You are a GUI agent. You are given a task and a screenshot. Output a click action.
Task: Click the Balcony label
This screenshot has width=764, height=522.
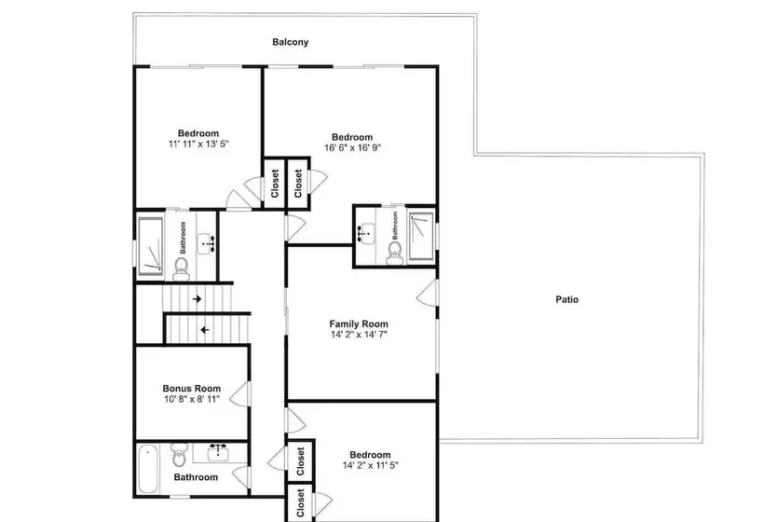(x=291, y=42)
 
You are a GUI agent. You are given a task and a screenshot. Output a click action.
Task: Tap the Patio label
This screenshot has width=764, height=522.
(x=567, y=299)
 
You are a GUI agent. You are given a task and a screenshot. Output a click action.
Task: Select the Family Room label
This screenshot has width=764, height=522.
(x=359, y=323)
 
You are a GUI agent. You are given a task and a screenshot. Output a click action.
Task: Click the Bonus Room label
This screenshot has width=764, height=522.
(x=192, y=389)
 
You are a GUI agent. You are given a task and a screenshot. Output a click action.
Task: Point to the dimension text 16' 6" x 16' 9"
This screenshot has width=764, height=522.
(x=352, y=147)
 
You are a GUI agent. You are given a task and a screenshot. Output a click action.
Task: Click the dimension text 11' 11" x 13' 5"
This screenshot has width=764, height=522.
(x=198, y=144)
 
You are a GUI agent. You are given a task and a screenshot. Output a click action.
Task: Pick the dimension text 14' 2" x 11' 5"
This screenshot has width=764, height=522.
(x=370, y=465)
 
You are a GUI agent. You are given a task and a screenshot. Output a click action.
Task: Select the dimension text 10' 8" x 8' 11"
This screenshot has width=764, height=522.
(x=192, y=399)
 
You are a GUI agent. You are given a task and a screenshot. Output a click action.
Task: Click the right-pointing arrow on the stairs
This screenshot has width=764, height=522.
(x=197, y=299)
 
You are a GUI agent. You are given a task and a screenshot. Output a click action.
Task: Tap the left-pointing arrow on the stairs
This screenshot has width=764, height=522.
(x=205, y=330)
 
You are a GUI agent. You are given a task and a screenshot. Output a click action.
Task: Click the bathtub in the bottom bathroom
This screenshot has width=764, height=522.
(x=148, y=469)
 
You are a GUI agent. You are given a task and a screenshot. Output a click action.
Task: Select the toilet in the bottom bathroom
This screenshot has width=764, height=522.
(x=179, y=455)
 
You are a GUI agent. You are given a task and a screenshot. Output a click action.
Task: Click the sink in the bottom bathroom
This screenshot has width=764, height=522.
(x=218, y=452)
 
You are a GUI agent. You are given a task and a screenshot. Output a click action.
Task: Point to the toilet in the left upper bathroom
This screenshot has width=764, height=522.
(x=182, y=269)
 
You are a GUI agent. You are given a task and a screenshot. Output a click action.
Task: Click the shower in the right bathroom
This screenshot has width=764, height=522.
(x=420, y=236)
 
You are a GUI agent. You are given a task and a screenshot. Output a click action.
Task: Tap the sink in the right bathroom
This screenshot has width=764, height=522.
(x=366, y=234)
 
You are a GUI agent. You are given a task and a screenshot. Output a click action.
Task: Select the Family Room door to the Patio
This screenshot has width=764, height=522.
(x=427, y=293)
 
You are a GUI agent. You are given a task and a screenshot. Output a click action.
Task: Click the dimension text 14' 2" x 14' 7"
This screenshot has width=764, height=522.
(x=359, y=335)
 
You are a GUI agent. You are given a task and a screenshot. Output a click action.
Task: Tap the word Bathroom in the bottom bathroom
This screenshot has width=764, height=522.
(x=196, y=477)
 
